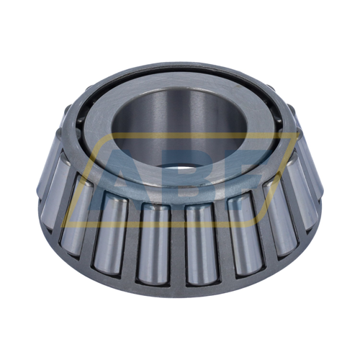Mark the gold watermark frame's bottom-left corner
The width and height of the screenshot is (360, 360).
click(63, 226)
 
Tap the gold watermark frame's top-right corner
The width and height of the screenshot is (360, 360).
click(295, 134)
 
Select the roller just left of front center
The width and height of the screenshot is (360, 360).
click(153, 243)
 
